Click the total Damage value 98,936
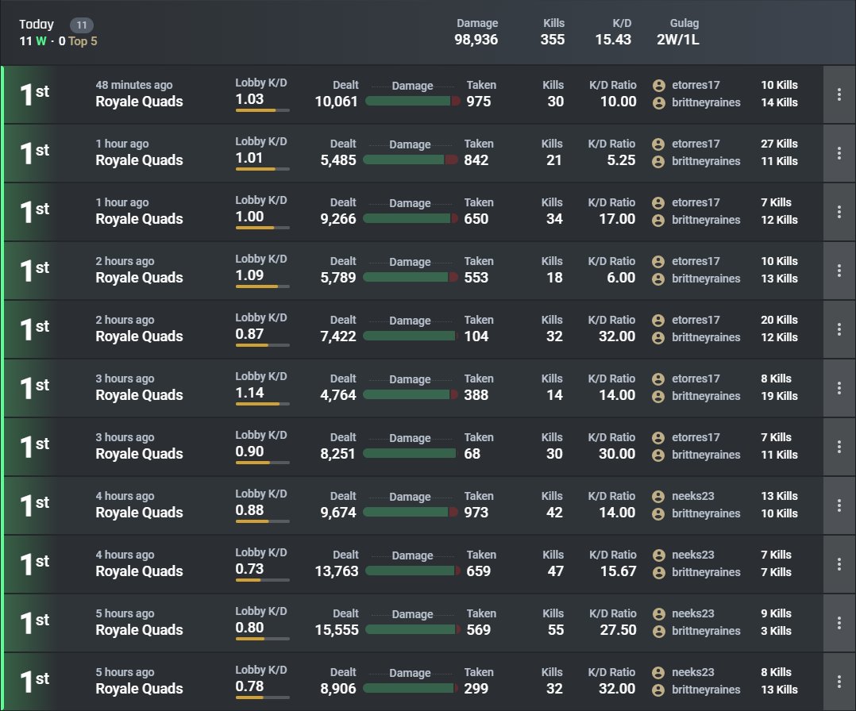tap(476, 40)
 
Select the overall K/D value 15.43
tap(613, 40)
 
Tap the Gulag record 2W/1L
tap(678, 40)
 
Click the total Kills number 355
tap(553, 40)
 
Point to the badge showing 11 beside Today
tap(81, 25)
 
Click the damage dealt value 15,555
tap(337, 630)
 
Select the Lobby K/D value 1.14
tap(249, 393)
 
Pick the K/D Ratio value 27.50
tap(618, 630)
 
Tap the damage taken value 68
tap(472, 453)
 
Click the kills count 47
tap(556, 571)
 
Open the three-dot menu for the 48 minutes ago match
tap(839, 94)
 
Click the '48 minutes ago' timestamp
tap(133, 85)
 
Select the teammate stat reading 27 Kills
tap(779, 144)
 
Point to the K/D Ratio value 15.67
tap(618, 571)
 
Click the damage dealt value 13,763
tap(337, 571)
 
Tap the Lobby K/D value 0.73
tap(249, 569)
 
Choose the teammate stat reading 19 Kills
tap(779, 396)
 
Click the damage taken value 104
tap(476, 336)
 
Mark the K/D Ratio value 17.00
tap(617, 219)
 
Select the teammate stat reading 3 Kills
tap(776, 631)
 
